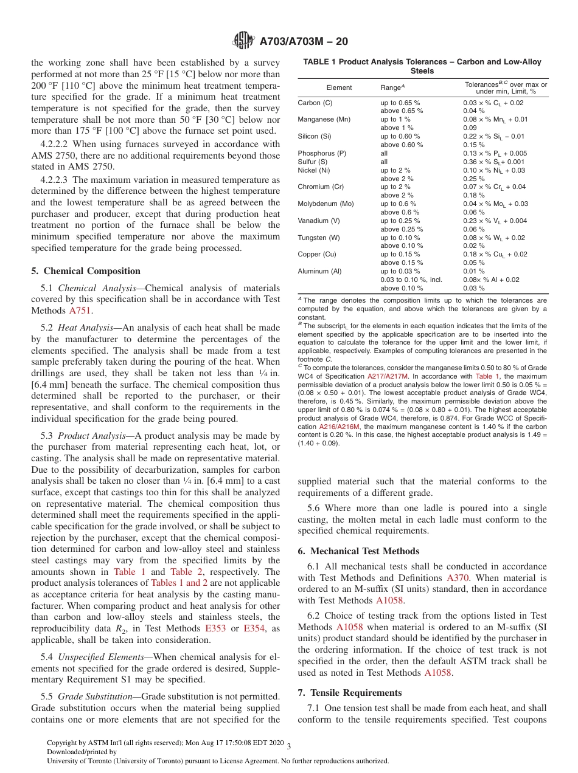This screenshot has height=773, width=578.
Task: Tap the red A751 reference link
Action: click(81, 311)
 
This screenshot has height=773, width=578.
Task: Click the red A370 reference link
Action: click(458, 578)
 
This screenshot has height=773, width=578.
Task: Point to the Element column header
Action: click(339, 88)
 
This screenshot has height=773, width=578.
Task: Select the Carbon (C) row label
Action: click(315, 103)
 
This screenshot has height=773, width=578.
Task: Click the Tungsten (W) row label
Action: click(319, 238)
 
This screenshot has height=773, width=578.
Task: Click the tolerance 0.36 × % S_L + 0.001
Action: click(495, 162)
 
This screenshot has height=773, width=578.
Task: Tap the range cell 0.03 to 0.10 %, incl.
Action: click(411, 280)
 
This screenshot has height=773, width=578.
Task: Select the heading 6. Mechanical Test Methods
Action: click(358, 551)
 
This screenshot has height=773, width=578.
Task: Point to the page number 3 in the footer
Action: click(289, 746)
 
